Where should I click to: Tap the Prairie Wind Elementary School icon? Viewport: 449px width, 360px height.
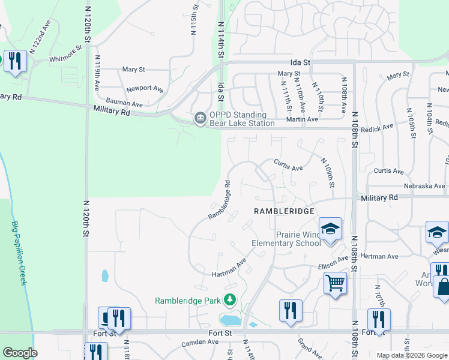[330, 229]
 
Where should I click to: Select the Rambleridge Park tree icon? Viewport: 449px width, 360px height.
[229, 299]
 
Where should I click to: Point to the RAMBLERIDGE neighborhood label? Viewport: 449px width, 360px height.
[284, 211]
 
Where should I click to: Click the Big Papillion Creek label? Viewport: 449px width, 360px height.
[19, 253]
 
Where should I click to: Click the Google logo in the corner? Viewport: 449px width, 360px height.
[20, 353]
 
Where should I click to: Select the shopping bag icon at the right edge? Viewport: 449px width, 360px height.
[443, 287]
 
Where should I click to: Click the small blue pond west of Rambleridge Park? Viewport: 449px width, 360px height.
[105, 276]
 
